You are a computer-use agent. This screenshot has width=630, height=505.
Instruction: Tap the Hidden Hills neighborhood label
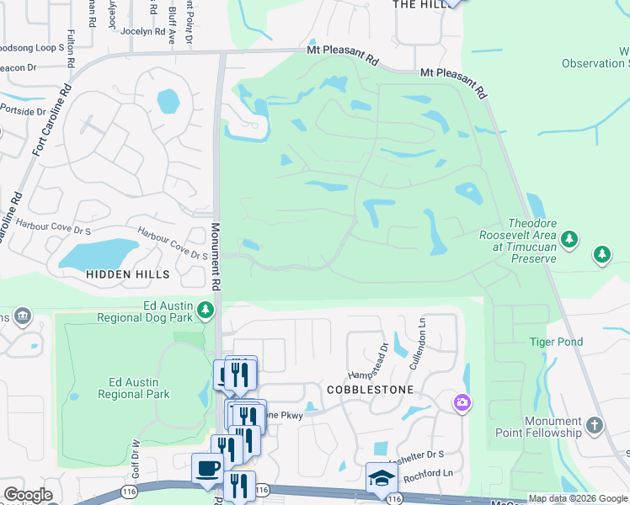pos(127,274)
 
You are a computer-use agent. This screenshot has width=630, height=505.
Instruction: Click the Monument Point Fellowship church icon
pos(595,426)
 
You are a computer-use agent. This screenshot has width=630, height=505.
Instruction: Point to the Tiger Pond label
pos(556,342)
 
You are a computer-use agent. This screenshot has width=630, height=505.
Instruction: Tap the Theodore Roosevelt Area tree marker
pos(569,240)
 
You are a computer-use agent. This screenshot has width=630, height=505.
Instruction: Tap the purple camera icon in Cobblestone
pos(462,402)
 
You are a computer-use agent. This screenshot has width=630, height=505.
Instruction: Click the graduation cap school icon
pos(382,477)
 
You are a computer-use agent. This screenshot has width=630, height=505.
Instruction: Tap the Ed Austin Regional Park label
pos(134,388)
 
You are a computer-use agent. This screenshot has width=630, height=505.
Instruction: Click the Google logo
pos(28,495)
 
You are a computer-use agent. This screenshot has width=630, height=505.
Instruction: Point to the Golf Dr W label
pos(134,454)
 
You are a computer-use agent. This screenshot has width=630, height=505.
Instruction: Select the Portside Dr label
pos(23,110)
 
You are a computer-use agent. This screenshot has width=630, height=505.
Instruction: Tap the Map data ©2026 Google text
pos(577,498)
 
